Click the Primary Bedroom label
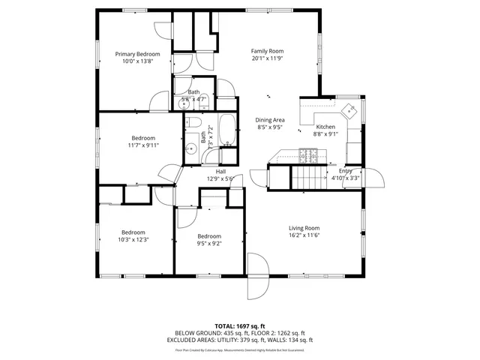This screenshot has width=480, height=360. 137,54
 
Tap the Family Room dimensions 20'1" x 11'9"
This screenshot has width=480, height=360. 267,58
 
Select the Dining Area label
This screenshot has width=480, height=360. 270,120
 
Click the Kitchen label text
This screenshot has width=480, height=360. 325,127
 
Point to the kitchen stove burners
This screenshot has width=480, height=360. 307,156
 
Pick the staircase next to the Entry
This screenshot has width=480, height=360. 307,178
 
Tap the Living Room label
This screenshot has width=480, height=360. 304,228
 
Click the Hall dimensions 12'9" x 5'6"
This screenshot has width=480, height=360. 220,179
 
